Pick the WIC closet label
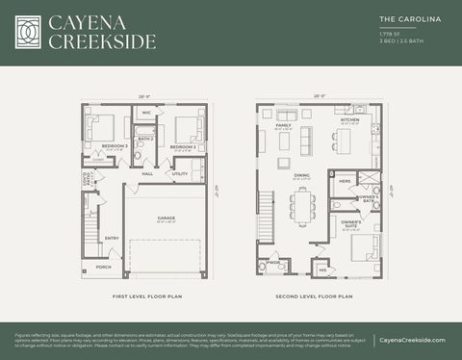click(146, 114)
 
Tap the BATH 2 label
click(146, 139)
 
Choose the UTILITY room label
click(180, 174)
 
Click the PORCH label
click(103, 267)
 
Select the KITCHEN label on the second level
click(349, 120)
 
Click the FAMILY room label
click(284, 125)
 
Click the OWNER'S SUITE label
click(350, 223)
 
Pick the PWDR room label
click(273, 261)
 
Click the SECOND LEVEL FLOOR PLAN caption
click(314, 296)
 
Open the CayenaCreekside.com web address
click(412, 340)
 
